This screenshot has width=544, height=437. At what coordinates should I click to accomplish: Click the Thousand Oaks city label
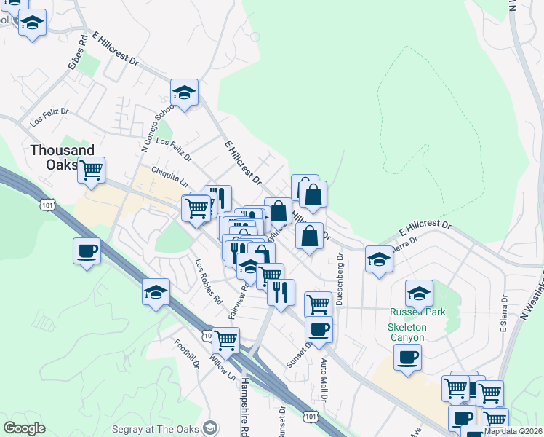click(62, 157)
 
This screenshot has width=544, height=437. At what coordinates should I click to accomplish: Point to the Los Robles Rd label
click(208, 280)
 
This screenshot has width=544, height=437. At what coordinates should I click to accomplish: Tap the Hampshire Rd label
click(245, 405)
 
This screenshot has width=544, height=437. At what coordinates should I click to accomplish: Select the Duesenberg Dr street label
click(340, 277)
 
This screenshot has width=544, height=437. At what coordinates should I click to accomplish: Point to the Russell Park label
click(416, 312)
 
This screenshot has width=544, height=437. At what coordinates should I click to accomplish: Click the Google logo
click(24, 428)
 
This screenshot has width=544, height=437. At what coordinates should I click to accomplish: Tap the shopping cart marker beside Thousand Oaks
click(91, 170)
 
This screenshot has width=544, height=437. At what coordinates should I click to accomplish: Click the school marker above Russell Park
click(419, 293)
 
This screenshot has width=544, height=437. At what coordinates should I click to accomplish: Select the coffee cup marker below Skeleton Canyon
click(407, 357)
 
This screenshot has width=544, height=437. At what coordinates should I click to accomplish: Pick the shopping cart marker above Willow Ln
click(225, 339)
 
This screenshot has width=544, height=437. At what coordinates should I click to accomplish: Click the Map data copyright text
click(513, 431)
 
